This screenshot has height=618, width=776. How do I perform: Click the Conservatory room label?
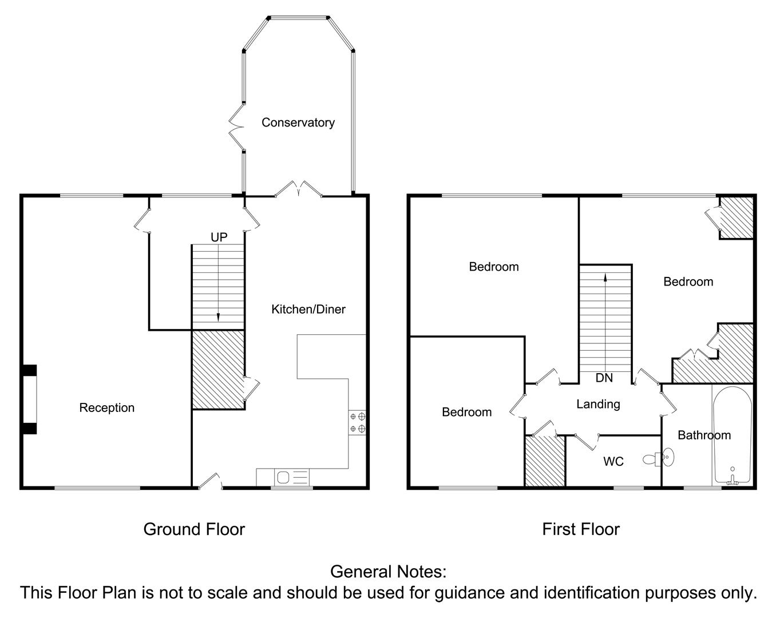point(298,122)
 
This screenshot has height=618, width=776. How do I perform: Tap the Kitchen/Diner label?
point(308,310)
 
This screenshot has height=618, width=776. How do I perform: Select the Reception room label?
point(107,408)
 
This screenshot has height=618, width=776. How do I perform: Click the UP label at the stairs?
point(219,237)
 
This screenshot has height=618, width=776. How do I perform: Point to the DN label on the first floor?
point(604,378)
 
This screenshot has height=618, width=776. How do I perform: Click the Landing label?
point(598,404)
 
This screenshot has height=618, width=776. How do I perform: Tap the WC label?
point(613,461)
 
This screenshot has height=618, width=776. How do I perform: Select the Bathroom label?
point(704,435)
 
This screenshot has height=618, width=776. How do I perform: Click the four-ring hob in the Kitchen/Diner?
point(357,422)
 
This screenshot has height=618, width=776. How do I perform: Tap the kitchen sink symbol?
point(283,477)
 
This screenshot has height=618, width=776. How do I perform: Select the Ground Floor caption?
point(194,529)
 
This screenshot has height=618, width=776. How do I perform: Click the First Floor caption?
point(581,529)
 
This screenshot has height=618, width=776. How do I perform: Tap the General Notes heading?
point(388,571)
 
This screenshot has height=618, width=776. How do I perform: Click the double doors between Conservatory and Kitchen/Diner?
point(298,189)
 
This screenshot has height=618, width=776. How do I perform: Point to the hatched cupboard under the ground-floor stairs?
point(218,370)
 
